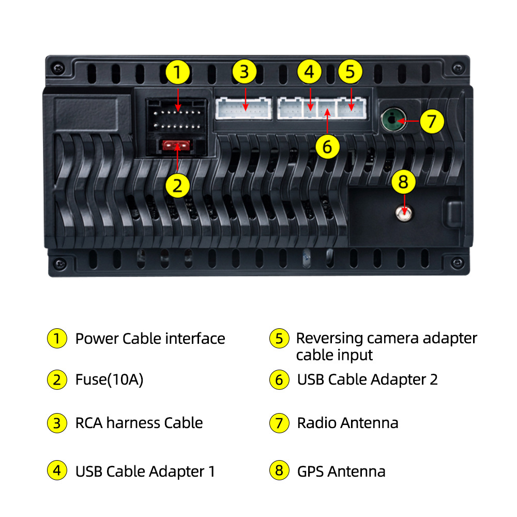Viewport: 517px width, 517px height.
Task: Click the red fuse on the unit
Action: [x=176, y=145]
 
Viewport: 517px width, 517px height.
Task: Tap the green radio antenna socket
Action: [x=393, y=119]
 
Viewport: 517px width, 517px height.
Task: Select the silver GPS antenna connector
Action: [x=404, y=214]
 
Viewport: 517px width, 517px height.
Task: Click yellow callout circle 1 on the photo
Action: [x=178, y=72]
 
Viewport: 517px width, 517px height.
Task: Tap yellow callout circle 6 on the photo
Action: [x=327, y=146]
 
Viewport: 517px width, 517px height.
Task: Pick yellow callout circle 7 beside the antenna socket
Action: [x=432, y=121]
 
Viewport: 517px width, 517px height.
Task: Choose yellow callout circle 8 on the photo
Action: [x=404, y=181]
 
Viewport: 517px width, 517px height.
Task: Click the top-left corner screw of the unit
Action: [x=58, y=68]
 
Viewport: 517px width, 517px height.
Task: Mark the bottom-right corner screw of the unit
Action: [x=458, y=263]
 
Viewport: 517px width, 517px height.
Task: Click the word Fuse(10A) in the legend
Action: [x=109, y=380]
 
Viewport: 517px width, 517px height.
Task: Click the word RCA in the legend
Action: [x=89, y=423]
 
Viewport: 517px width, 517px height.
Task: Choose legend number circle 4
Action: [x=57, y=470]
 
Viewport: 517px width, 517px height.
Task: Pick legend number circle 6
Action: [x=279, y=380]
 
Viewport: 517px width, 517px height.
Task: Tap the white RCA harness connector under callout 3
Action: [x=244, y=108]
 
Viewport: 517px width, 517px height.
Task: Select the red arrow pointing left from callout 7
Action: [x=409, y=121]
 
